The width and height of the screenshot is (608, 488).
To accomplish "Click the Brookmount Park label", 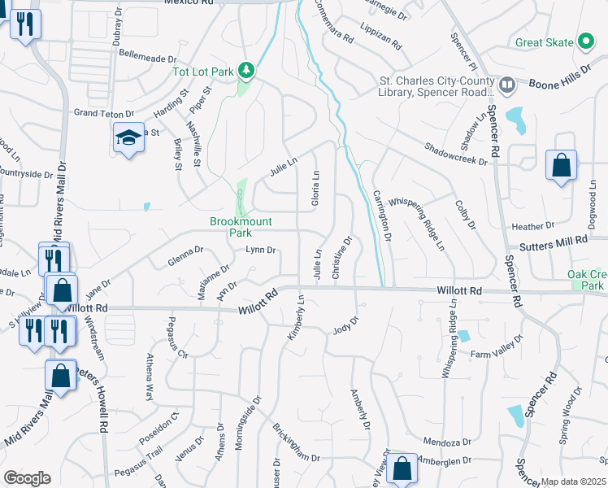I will pyautogui.click(x=241, y=226).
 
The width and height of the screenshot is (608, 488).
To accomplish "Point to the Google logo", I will pyautogui.click(x=27, y=478).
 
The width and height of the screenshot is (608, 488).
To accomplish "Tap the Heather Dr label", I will pyautogui.click(x=532, y=225).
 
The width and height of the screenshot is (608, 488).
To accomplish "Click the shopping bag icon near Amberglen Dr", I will pyautogui.click(x=401, y=468).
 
